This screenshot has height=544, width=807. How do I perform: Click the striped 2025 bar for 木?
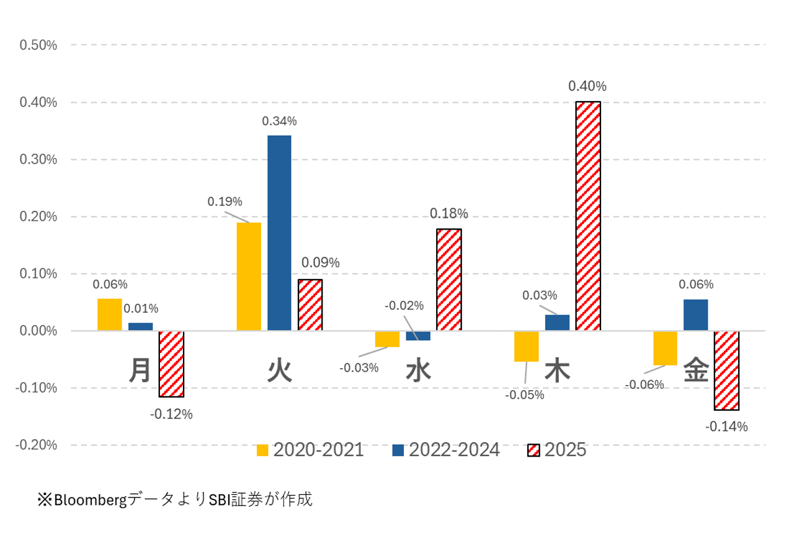coord(588,216)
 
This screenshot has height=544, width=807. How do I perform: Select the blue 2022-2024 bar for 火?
coord(279,233)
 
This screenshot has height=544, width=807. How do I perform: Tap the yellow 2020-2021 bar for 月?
coord(110,314)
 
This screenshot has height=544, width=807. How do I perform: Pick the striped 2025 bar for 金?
coord(726,370)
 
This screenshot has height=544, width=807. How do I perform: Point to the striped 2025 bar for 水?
coord(449,280)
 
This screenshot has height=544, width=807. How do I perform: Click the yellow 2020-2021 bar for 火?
coord(249,276)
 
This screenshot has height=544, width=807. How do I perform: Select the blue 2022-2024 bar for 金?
coord(695,315)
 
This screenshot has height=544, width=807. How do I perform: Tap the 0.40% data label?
coord(587,86)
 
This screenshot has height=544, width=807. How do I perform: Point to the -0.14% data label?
coord(726,427)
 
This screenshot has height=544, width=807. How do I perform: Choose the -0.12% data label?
coord(171,414)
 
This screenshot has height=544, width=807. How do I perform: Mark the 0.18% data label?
coord(449,214)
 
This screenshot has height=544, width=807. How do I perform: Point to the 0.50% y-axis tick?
coord(38,45)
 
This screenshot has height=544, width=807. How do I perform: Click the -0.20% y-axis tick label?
coord(37,445)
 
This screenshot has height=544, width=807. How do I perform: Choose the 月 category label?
coord(140,371)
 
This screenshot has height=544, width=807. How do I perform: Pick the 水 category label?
coord(418,371)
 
